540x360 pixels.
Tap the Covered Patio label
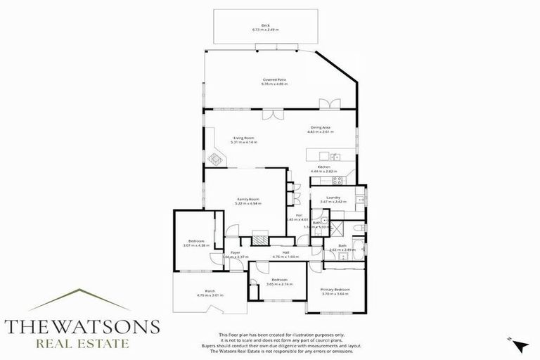coord(275,82)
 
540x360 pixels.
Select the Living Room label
coord(244,139)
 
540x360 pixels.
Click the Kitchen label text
coord(324,169)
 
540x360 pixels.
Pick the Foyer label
coord(236,255)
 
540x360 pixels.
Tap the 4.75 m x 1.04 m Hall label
coord(285,255)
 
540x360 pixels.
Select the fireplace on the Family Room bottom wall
coord(261,240)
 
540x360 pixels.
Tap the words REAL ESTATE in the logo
coord(82,345)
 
